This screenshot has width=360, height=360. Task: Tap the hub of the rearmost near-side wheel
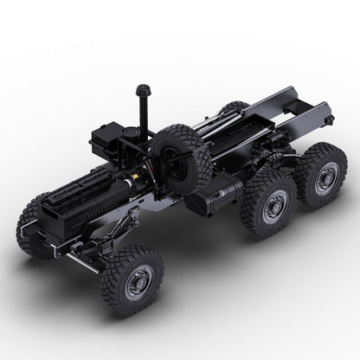pyautogui.click(x=326, y=177)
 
